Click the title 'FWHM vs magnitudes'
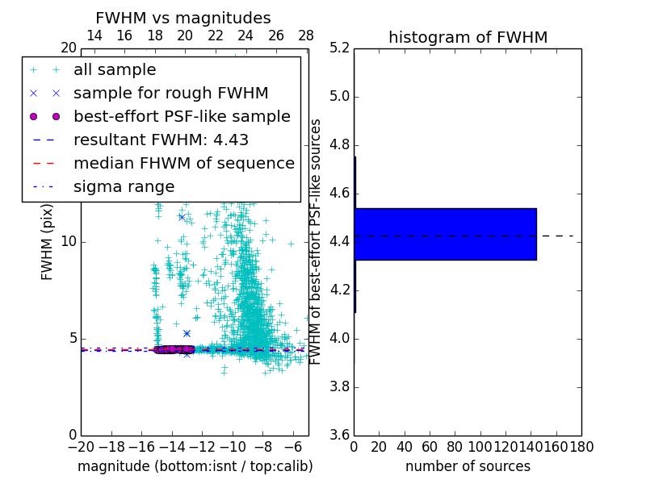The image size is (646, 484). point(182,18)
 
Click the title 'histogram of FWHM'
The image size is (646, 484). point(468,37)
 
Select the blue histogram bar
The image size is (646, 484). point(445,234)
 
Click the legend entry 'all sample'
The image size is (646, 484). point(115,70)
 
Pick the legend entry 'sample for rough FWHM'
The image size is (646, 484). point(170,93)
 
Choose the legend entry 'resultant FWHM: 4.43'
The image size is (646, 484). point(161,140)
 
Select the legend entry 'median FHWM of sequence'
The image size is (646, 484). point(183,163)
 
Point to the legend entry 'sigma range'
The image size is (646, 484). point(124,186)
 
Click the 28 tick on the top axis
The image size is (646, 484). point(306,35)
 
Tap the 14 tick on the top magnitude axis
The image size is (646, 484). point(94,35)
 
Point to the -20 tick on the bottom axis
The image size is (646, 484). point(81,447)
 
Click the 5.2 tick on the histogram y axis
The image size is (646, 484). point(339,48)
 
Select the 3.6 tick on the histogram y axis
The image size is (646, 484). point(339,435)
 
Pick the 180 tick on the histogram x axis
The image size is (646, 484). point(581,447)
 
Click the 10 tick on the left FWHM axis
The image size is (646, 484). point(68,241)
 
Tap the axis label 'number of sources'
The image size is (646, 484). point(468,466)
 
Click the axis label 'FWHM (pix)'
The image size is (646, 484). point(48,241)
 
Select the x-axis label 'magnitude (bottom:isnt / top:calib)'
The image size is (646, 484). point(195,466)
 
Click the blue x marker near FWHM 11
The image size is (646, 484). point(182,217)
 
